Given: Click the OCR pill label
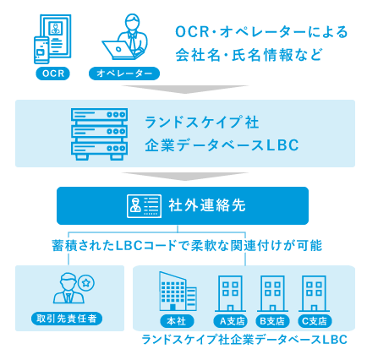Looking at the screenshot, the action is (52, 74).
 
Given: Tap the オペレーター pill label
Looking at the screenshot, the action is (124, 74).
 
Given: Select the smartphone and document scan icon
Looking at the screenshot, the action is (52, 39).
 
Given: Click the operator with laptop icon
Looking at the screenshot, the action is (125, 36).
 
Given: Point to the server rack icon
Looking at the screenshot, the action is (99, 134).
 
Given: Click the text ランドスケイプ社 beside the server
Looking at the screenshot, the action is (202, 123).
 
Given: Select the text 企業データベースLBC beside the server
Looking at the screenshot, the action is (222, 145).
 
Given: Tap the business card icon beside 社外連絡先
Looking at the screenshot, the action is (144, 206).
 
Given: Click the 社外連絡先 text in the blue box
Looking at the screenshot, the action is (207, 205).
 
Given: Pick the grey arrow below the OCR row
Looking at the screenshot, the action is (185, 90).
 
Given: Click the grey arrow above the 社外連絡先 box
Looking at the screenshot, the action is (185, 177).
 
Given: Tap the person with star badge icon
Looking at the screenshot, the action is (74, 288).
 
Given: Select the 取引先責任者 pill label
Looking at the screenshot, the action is (67, 319).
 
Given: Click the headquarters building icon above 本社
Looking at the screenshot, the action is (178, 292).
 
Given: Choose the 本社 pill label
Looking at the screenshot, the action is (177, 321).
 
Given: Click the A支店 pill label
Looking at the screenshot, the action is (231, 321).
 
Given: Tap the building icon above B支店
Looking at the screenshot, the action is (272, 293).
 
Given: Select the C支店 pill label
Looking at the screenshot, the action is (315, 321).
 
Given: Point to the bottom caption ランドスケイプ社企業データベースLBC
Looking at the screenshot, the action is (244, 340).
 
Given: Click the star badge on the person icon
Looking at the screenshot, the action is (86, 282).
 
